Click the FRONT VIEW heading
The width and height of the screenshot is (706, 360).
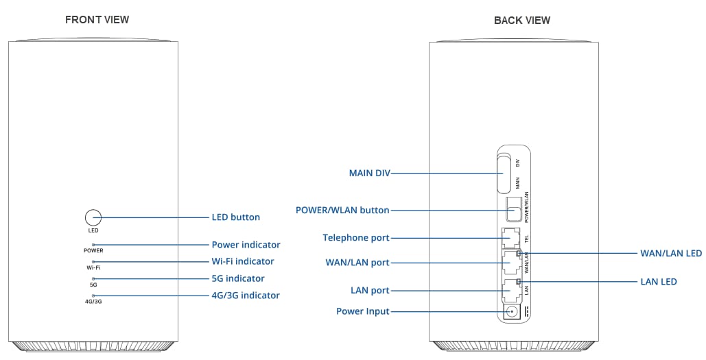pyautogui.click(x=97, y=20)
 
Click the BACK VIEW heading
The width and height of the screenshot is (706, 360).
pyautogui.click(x=521, y=21)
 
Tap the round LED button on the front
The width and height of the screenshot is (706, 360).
pyautogui.click(x=93, y=217)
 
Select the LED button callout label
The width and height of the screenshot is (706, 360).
pyautogui.click(x=235, y=217)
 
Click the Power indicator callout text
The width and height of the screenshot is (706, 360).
pyautogui.click(x=246, y=245)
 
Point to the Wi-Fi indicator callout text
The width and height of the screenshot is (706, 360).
pyautogui.click(x=242, y=261)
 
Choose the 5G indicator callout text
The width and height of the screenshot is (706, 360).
pyautogui.click(x=237, y=278)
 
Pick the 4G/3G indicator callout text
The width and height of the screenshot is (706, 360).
pyautogui.click(x=245, y=296)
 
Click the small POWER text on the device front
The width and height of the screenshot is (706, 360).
pyautogui.click(x=93, y=251)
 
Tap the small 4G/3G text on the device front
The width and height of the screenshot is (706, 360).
pyautogui.click(x=93, y=302)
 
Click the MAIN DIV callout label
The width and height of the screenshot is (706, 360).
pyautogui.click(x=369, y=174)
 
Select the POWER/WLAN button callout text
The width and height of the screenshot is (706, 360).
pyautogui.click(x=342, y=211)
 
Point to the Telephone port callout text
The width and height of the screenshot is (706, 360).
pyautogui.click(x=356, y=238)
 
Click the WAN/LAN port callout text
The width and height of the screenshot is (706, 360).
pyautogui.click(x=357, y=263)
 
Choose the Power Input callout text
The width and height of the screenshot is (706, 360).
pyautogui.click(x=362, y=311)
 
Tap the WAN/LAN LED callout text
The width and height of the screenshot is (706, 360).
pyautogui.click(x=670, y=254)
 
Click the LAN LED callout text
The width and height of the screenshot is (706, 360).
pyautogui.click(x=658, y=282)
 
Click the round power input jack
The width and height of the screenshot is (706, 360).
pyautogui.click(x=511, y=313)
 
